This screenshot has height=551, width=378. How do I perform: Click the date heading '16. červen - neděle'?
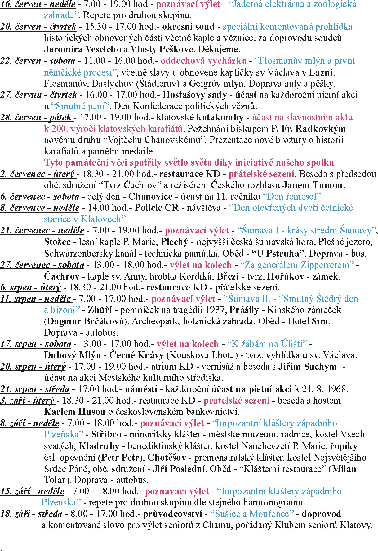pos(38,4)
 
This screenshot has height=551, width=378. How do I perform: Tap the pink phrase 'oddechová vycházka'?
pos(203,61)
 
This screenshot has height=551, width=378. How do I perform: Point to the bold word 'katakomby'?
pos(220,118)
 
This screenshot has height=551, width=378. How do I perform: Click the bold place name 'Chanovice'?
pos(150,197)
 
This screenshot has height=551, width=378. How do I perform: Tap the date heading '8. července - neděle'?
pos(40,208)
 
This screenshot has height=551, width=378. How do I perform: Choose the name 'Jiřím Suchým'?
pos(307,367)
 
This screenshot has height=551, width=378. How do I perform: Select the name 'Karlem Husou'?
pos(75,412)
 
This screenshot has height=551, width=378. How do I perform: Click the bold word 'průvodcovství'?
pos(172,514)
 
